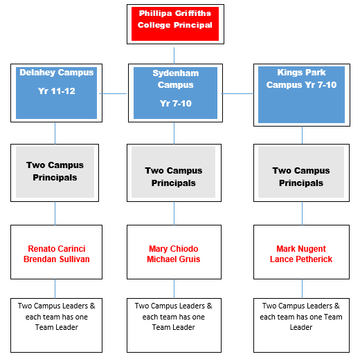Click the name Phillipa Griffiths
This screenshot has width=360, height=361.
175,13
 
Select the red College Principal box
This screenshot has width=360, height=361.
175,24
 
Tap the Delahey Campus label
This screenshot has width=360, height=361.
57,73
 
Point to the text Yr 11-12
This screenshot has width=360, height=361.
57,91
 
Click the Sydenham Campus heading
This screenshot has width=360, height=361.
176,79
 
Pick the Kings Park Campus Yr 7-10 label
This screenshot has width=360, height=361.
301,79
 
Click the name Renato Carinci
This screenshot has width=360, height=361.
57,249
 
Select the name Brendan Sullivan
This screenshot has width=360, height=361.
57,259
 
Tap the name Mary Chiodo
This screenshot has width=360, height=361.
174,249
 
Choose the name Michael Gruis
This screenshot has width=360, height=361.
174,259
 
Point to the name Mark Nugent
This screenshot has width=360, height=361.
301,249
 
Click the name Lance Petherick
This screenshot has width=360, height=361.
301,259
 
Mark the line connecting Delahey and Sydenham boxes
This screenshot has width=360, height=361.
113,93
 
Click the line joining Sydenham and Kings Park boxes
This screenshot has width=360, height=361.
237,93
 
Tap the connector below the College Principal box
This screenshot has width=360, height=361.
174,55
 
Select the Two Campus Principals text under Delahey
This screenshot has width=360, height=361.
55,172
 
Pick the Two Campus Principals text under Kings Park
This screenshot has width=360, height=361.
301,177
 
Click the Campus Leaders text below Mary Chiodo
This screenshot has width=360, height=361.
174,317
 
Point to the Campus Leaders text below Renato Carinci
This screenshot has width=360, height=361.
57,317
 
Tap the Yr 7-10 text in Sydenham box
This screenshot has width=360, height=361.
176,104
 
